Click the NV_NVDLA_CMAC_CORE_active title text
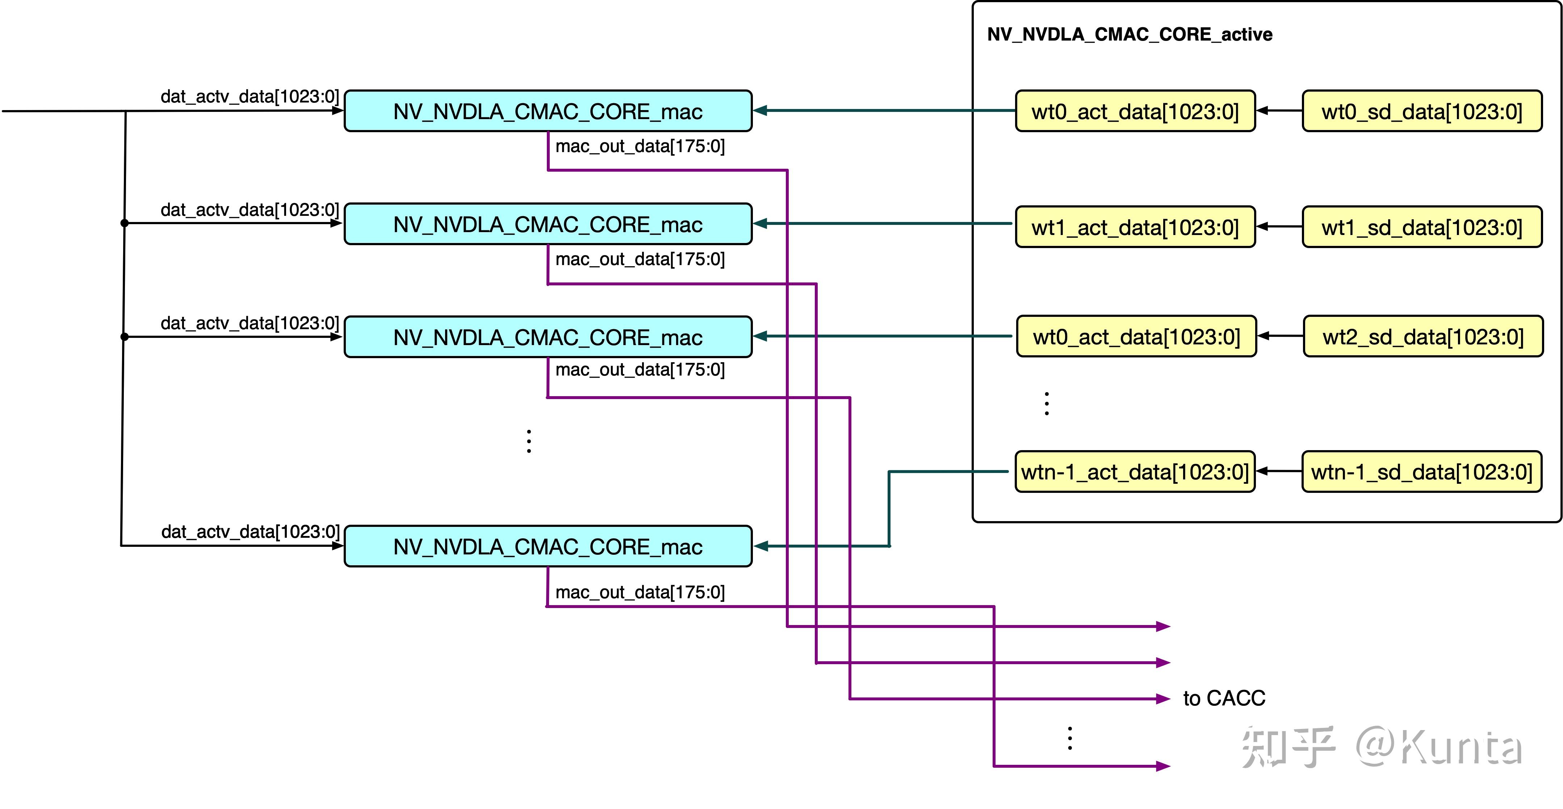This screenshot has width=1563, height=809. click(1130, 35)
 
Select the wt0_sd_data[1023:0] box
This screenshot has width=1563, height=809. click(1422, 111)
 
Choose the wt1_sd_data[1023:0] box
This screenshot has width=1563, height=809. click(1422, 227)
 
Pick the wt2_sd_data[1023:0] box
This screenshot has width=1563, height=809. click(1423, 336)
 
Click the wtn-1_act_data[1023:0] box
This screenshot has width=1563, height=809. click(1135, 471)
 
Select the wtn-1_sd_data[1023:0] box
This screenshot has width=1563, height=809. click(1422, 471)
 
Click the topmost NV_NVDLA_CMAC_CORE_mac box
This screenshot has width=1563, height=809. click(548, 111)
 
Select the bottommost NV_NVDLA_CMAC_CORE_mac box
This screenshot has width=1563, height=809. click(548, 546)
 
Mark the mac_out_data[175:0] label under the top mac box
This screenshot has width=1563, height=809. click(640, 146)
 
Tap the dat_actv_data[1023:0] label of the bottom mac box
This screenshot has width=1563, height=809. click(250, 532)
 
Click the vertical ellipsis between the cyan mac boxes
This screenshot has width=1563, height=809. click(529, 441)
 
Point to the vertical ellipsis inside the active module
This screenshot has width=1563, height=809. click(1047, 403)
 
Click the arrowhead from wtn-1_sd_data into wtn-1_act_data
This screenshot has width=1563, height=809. click(1261, 471)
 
